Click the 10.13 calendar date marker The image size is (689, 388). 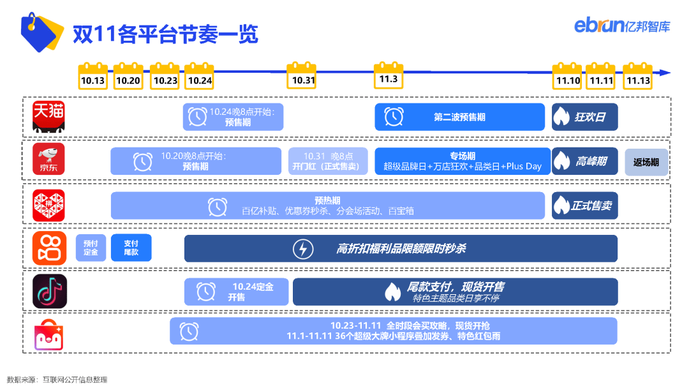click(93, 76)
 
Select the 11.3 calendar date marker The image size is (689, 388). click(389, 75)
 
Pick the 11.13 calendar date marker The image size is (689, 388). click(637, 76)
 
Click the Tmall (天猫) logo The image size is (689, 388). click(48, 116)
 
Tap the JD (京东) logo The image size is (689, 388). click(48, 159)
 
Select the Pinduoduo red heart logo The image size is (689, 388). click(48, 205)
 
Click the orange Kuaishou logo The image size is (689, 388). click(50, 248)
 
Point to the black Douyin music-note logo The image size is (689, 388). click(50, 292)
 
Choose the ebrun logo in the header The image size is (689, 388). click(622, 25)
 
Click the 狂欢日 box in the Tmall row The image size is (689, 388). click(585, 117)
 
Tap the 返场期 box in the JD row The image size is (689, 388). click(646, 162)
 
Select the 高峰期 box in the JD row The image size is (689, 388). click(585, 161)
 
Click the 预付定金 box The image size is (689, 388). click(91, 248)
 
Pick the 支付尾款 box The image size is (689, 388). click(131, 248)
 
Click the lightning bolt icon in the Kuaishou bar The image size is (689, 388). click(303, 249)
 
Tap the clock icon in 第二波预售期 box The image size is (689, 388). click(394, 116)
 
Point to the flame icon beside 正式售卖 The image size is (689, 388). click(561, 205)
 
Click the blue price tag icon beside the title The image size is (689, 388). click(41, 32)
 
